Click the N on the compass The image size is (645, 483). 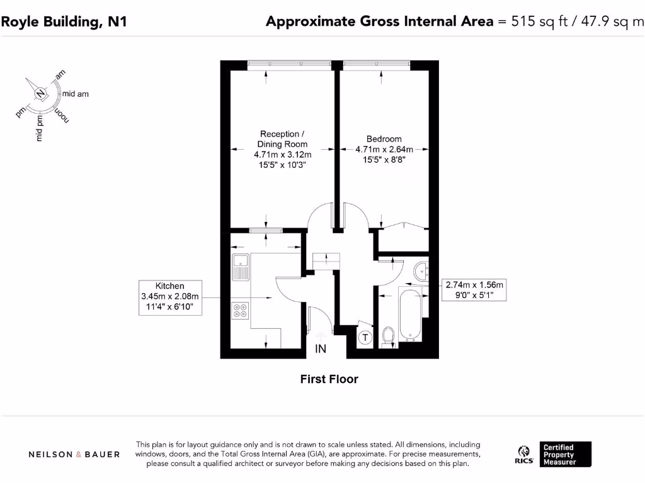(x=41, y=94)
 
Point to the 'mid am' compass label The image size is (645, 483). (x=75, y=94)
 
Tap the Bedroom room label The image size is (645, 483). (x=384, y=139)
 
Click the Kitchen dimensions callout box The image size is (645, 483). (x=170, y=297)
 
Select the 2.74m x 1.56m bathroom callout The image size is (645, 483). (x=474, y=290)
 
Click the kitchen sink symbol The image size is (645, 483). (x=240, y=268)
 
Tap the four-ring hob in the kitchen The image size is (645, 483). (x=240, y=310)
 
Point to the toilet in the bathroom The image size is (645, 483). (x=387, y=336)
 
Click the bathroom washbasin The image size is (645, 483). (x=421, y=271)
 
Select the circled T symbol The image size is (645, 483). (x=365, y=338)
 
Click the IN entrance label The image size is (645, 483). (x=321, y=348)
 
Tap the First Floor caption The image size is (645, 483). (x=329, y=379)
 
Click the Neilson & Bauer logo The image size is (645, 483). (x=74, y=454)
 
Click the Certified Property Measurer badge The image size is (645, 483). (x=566, y=454)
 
